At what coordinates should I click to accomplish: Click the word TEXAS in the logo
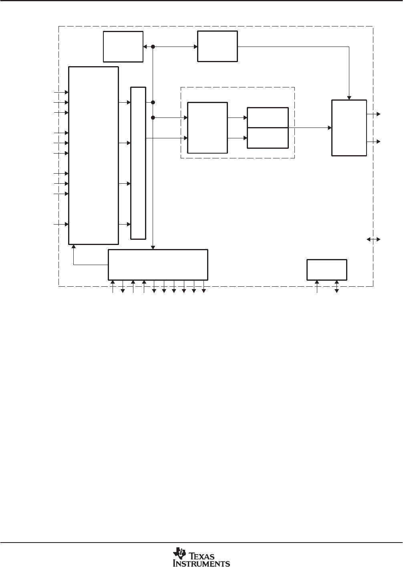[x=202, y=556]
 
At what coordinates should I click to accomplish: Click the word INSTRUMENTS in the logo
[x=201, y=563]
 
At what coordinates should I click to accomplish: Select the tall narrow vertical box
[x=138, y=163]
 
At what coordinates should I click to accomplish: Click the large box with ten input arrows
[x=94, y=156]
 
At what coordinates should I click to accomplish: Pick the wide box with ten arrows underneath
[x=158, y=265]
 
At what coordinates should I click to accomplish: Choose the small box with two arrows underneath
[x=326, y=270]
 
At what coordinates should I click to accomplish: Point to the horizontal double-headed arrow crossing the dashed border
[x=373, y=239]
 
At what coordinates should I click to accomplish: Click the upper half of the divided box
[x=268, y=118]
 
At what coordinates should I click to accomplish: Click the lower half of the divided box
[x=268, y=138]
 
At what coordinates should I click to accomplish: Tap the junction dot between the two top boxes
[x=153, y=47]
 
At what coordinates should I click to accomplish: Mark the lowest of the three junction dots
[x=153, y=118]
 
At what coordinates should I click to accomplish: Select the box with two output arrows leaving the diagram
[x=349, y=128]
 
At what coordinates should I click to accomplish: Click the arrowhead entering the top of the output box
[x=349, y=98]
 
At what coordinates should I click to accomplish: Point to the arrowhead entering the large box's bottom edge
[x=74, y=246]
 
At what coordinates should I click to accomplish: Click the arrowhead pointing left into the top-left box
[x=145, y=47]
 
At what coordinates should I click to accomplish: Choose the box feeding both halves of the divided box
[x=208, y=128]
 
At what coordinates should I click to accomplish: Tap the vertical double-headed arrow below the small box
[x=337, y=287]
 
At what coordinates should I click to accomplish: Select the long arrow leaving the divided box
[x=310, y=128]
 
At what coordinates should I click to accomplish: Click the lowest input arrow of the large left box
[x=61, y=224]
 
